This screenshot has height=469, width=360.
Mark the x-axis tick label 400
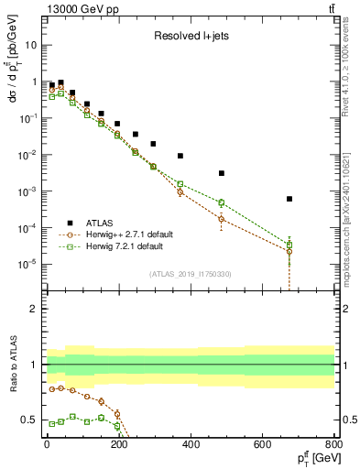coord(191,444)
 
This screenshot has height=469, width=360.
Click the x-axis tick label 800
coord(333,444)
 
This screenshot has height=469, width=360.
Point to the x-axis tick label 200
coord(118,444)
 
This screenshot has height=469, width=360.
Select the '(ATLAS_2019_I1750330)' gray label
coord(190,274)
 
